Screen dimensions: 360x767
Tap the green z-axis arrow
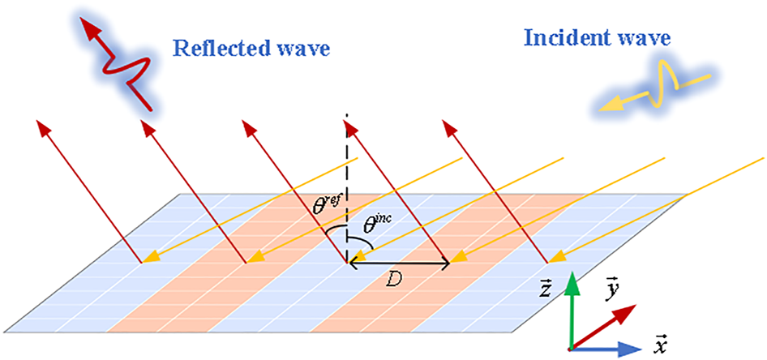click(572, 308)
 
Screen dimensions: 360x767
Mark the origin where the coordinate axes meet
click(572, 349)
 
